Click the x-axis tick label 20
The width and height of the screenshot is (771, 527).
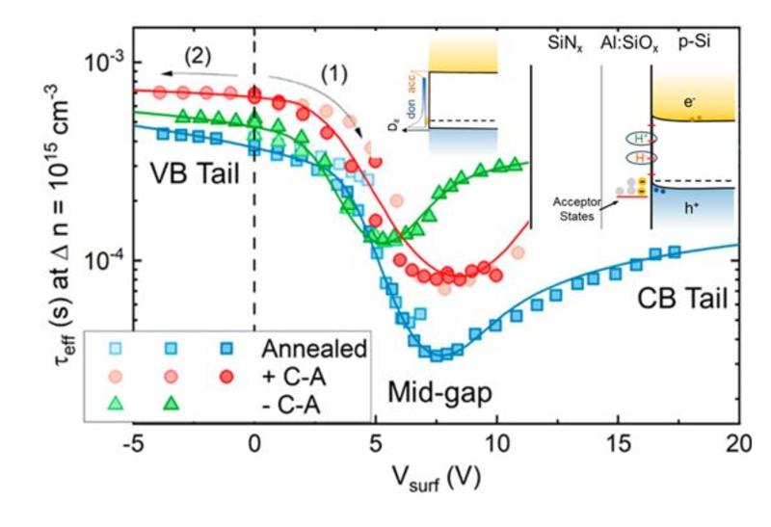click(x=738, y=446)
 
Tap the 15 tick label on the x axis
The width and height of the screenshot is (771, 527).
click(x=617, y=446)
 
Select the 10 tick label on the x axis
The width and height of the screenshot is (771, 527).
click(x=495, y=446)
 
